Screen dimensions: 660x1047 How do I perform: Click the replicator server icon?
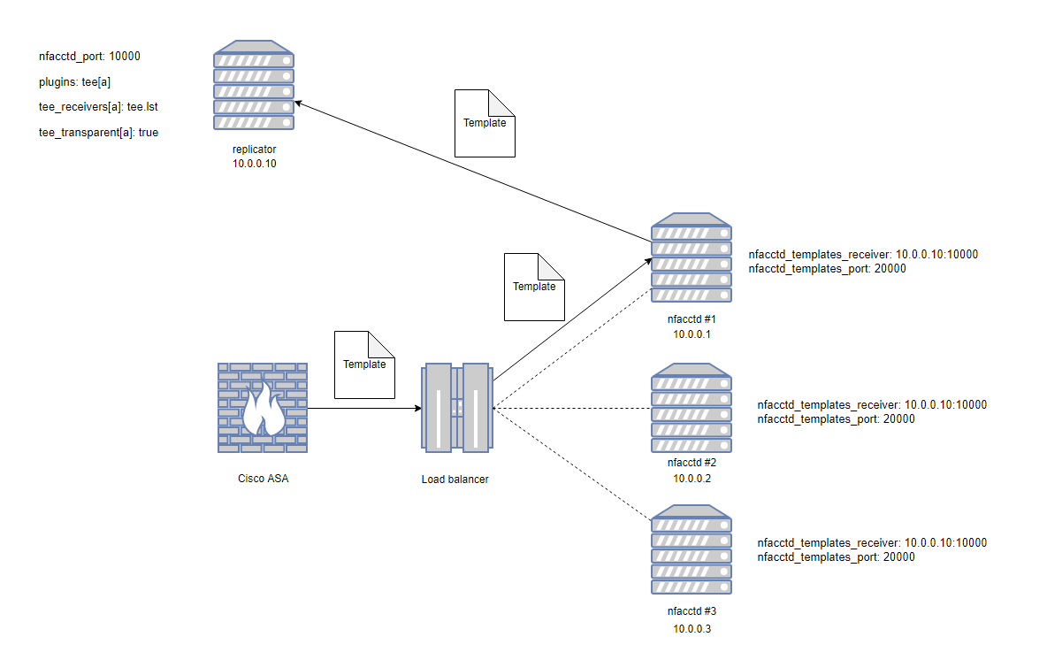pos(254,85)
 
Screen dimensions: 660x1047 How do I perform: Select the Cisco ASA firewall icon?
pos(263,408)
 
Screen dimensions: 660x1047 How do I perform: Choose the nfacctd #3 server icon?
pos(692,549)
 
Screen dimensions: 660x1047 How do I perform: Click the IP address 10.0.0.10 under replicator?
pos(255,165)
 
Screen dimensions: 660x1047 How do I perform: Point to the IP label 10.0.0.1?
pos(692,335)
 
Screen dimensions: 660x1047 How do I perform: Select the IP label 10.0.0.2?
pos(692,479)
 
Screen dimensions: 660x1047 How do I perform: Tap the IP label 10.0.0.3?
pos(692,629)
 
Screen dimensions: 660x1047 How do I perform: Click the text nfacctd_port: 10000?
pos(89,56)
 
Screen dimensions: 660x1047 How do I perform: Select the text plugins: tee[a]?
pos(74,81)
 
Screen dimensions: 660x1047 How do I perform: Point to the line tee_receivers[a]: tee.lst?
pos(98,107)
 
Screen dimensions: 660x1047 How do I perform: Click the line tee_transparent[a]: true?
pos(98,133)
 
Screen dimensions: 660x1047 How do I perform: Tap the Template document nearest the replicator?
pos(484,123)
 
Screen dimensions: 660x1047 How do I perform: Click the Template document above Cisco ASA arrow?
pos(364,365)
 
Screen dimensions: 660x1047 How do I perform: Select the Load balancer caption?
pos(455,480)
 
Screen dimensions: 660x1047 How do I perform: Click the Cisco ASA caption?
pos(263,480)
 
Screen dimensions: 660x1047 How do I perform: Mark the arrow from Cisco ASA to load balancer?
pos(363,409)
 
